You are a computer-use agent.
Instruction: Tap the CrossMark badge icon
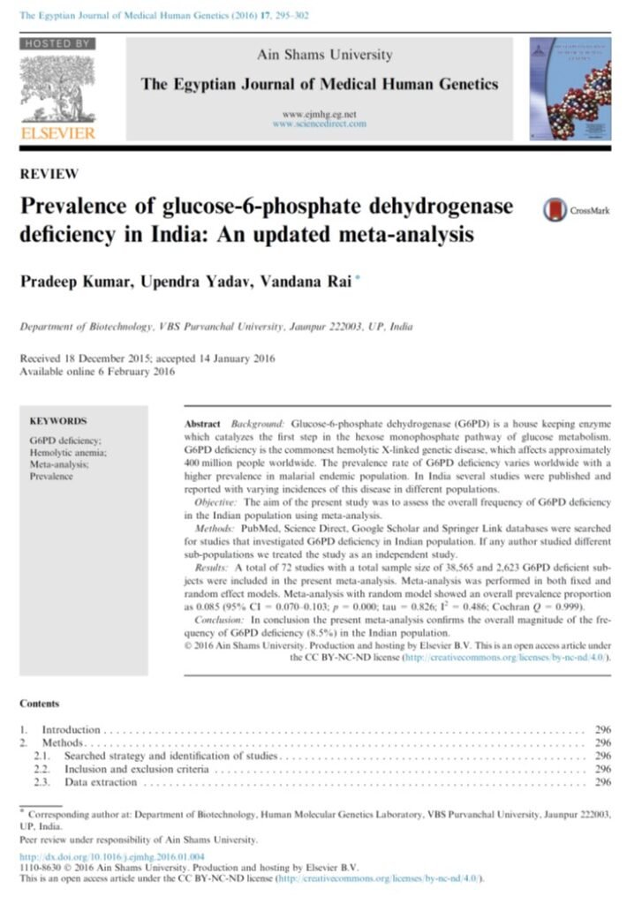555,210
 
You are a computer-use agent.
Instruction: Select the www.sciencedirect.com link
319,124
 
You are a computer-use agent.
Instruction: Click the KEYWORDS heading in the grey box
58,422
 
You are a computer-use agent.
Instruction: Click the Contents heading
40,704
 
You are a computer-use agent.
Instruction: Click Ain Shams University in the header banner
324,55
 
